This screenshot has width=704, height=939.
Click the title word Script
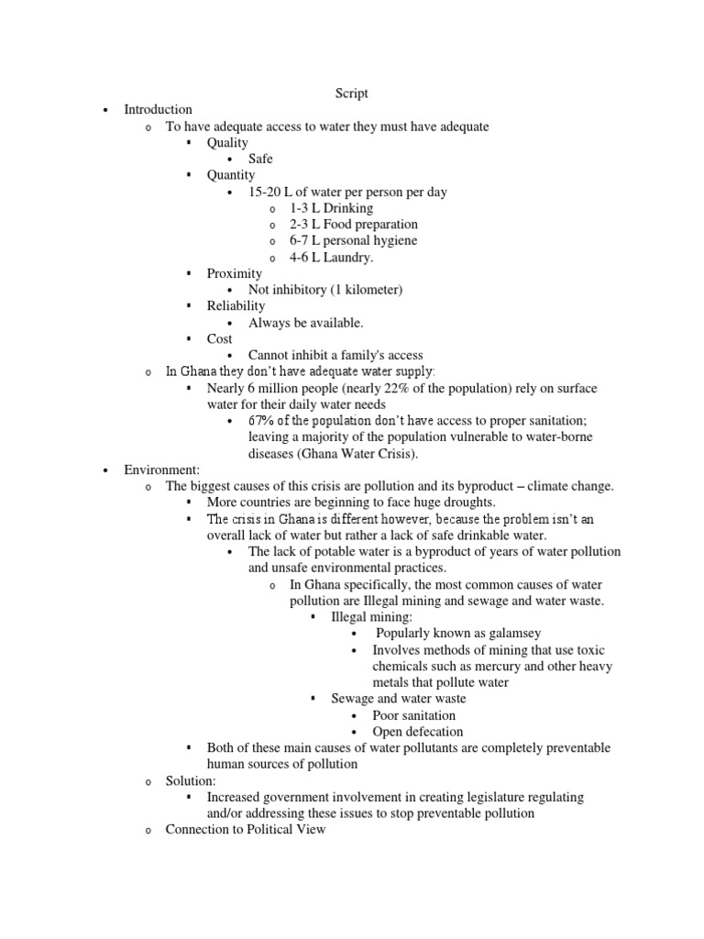point(352,94)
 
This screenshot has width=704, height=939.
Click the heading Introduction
point(159,110)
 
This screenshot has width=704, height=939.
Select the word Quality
point(227,143)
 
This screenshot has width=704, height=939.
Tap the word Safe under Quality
point(260,160)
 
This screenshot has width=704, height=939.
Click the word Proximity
point(234,274)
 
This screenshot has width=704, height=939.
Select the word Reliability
point(236,306)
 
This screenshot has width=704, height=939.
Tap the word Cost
point(220,339)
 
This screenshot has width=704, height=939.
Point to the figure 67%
point(263,421)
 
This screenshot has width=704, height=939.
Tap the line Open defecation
point(417,732)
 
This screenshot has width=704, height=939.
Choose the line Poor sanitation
point(413,715)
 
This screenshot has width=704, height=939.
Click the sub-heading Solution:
point(191,781)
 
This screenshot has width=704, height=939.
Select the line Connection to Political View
point(245,830)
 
